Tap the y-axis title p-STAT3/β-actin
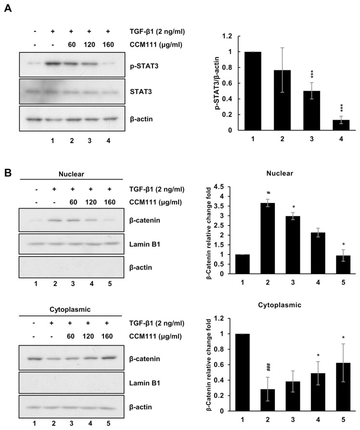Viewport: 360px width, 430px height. [209, 83]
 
